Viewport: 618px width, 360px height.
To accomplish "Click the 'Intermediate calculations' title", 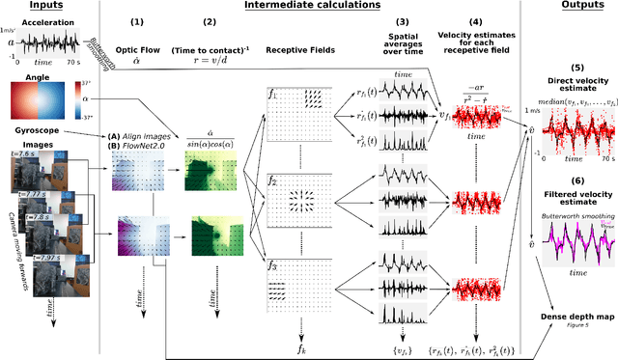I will coord(311,8).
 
